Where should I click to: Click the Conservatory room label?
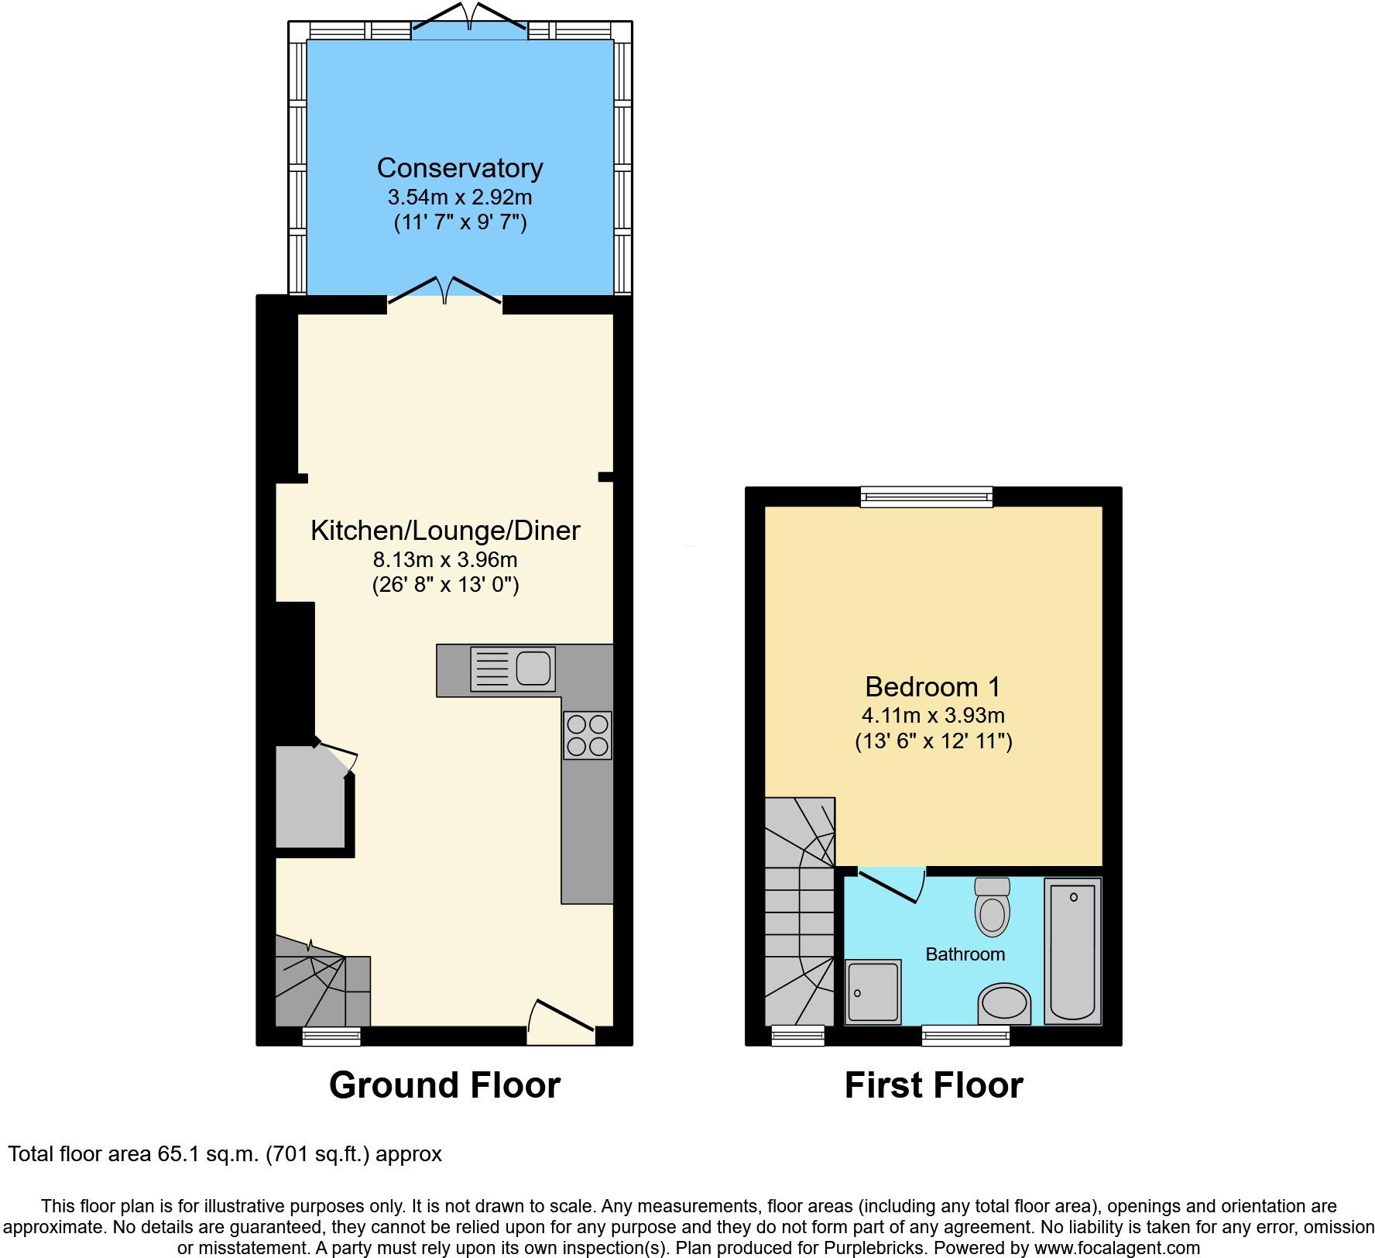[460, 168]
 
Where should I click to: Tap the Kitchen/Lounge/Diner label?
[445, 531]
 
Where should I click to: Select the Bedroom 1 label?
[932, 687]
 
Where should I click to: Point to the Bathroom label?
[965, 954]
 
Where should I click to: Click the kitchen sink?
[513, 669]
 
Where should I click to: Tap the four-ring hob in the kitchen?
[588, 735]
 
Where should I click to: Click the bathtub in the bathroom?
[1072, 950]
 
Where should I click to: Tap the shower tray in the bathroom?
[873, 992]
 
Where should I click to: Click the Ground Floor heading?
[444, 1085]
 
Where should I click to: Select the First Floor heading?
[934, 1085]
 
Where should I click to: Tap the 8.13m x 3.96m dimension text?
[445, 559]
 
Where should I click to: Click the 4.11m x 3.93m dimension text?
[933, 716]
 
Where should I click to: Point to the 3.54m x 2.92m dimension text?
[460, 197]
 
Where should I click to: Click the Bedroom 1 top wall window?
[926, 497]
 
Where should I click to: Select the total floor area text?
[225, 1154]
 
